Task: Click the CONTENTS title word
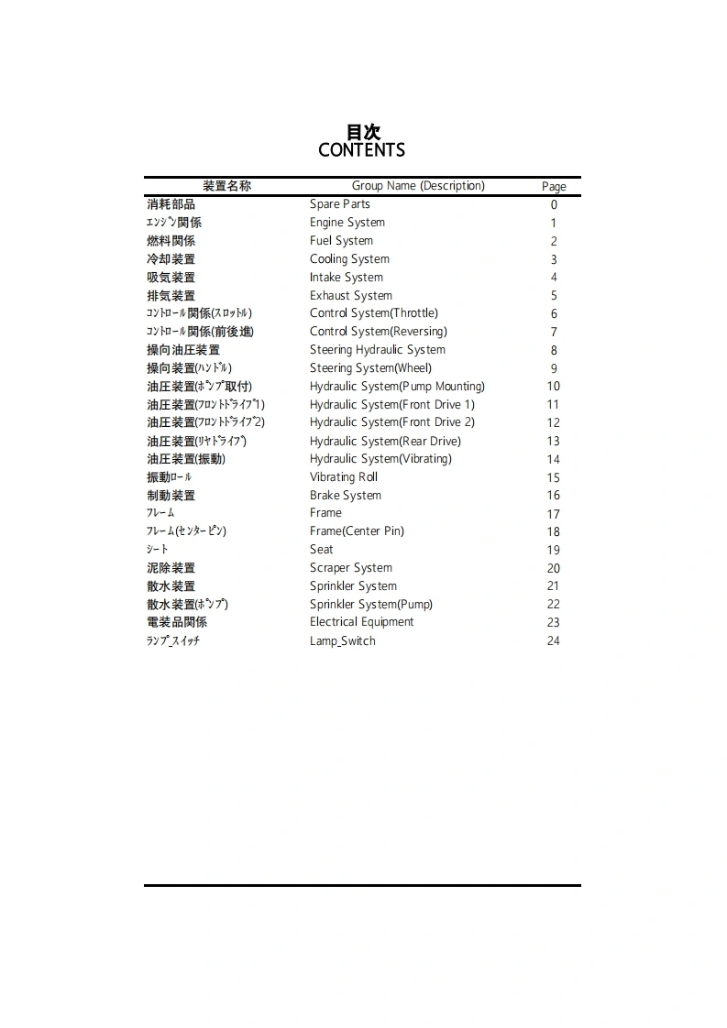tap(361, 150)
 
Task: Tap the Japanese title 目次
tap(362, 132)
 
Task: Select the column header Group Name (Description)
tap(418, 186)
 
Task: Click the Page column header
tap(554, 187)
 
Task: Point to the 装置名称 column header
tap(226, 186)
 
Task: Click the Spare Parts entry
tap(340, 204)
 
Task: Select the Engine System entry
tap(347, 223)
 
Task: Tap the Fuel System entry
tap(341, 241)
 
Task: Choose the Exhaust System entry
tap(351, 296)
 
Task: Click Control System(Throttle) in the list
tap(374, 313)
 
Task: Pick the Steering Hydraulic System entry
tap(378, 350)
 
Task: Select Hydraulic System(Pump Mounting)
tap(397, 387)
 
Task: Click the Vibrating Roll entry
tap(344, 477)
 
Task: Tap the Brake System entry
tap(346, 496)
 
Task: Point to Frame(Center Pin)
tap(357, 531)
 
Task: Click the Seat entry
tap(322, 550)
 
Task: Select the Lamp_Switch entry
tap(343, 641)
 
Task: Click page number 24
tap(554, 641)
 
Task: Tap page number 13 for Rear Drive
tap(554, 442)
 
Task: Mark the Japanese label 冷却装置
tap(171, 259)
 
